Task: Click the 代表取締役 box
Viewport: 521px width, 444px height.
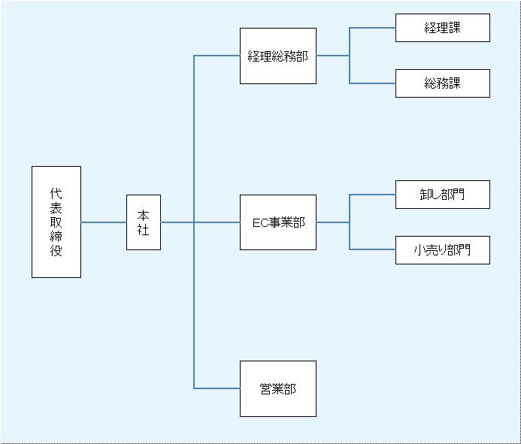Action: click(56, 222)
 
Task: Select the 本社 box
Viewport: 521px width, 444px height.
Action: click(143, 222)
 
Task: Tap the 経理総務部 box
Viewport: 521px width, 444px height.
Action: click(277, 56)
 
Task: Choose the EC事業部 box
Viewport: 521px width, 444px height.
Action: click(277, 222)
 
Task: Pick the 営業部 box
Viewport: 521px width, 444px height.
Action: click(277, 388)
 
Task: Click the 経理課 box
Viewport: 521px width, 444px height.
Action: click(442, 28)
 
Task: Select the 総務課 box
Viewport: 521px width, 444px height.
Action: click(442, 83)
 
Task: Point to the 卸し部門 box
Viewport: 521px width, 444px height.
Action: click(442, 195)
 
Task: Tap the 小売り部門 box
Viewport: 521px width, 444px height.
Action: click(442, 250)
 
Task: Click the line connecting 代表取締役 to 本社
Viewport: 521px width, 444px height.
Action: click(104, 222)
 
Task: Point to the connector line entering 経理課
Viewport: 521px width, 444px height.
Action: click(373, 28)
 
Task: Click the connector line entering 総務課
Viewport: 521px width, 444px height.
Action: click(373, 83)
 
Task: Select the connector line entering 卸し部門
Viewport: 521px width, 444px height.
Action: click(373, 195)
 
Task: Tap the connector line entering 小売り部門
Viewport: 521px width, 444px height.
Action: click(373, 249)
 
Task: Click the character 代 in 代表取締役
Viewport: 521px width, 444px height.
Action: click(56, 193)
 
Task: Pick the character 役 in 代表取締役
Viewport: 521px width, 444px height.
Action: click(56, 252)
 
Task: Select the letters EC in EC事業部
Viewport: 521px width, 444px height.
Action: click(260, 223)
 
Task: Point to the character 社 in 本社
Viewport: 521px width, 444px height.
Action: click(143, 230)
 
